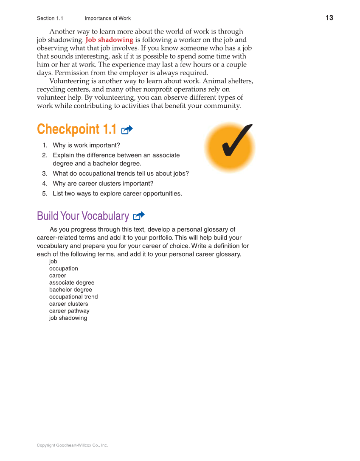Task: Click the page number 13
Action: tap(329, 18)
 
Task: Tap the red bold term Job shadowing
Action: tap(110, 40)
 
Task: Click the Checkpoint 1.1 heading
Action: tap(76, 129)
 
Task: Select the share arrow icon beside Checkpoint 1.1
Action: tap(127, 130)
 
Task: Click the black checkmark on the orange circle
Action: tap(235, 141)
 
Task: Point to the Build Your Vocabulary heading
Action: tap(83, 216)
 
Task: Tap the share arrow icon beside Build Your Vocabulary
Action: tap(139, 216)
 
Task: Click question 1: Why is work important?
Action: tap(86, 145)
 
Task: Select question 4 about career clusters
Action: tap(103, 183)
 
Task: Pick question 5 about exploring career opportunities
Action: tap(117, 193)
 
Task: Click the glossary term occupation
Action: tap(64, 268)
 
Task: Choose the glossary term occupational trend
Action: tap(73, 297)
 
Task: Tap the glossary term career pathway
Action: tap(69, 311)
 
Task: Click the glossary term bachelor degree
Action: tap(70, 290)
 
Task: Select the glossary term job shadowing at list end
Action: tap(68, 318)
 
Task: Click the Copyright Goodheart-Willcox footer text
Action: tap(72, 445)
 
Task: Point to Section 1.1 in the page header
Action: tap(50, 18)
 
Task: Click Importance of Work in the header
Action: tap(107, 18)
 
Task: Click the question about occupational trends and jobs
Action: tap(121, 173)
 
